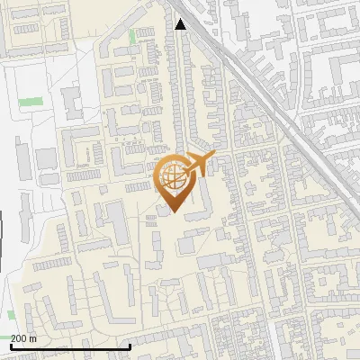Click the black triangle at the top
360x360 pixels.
click(x=181, y=24)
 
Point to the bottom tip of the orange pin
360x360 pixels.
click(x=174, y=213)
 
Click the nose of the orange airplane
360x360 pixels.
click(x=213, y=157)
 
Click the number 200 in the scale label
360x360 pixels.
click(x=21, y=338)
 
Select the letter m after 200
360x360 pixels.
click(x=34, y=338)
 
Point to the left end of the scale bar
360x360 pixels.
click(x=11, y=346)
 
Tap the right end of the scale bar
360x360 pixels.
click(x=130, y=346)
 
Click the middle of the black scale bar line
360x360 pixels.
click(x=70, y=346)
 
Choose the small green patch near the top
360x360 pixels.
click(x=134, y=36)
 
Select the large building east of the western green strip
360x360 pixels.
click(x=71, y=102)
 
